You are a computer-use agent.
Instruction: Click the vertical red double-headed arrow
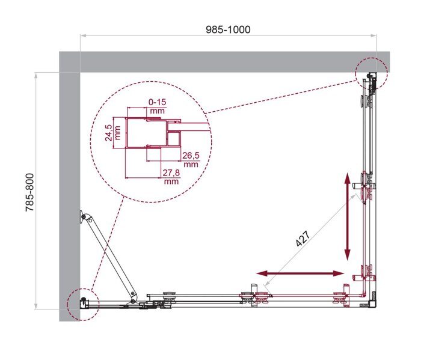347,216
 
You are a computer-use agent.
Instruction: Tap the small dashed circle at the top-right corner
370,75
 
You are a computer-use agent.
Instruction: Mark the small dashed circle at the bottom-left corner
82,302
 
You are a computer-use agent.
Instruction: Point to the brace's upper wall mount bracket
82,218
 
